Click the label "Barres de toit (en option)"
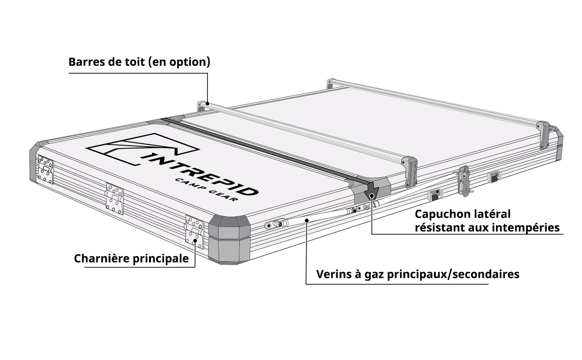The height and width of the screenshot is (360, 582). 139,62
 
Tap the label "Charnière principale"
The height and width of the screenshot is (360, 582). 131,258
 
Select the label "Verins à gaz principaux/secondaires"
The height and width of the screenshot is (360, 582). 418,274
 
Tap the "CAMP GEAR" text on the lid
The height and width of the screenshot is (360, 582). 206,190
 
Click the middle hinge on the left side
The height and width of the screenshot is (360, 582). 114,199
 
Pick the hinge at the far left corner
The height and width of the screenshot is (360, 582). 46,169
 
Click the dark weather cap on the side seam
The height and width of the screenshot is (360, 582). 371,192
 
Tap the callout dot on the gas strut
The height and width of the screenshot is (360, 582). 307,220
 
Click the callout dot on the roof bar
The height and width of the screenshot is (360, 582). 208,104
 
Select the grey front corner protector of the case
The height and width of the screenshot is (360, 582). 229,240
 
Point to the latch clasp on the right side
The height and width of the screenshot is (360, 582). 464,181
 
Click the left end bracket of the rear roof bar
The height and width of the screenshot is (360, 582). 331,84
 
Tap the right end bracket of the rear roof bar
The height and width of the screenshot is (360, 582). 543,135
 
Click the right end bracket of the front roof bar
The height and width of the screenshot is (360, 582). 409,171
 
